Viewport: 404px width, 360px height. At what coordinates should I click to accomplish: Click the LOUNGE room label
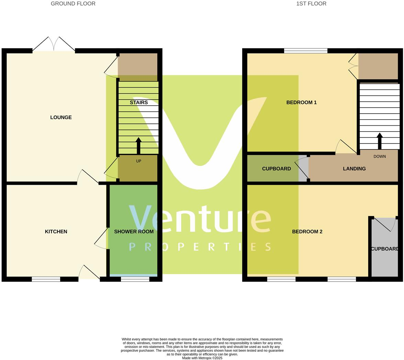[61, 117]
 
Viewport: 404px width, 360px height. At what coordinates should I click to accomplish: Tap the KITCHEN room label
[56, 232]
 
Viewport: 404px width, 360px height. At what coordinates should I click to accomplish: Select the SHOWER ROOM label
[134, 232]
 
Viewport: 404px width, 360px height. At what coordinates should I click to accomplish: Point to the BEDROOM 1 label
[301, 102]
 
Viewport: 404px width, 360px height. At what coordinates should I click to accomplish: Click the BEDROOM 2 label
[307, 232]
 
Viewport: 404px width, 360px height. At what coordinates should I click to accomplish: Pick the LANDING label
[354, 169]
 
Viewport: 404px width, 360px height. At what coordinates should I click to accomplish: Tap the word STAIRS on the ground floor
[139, 102]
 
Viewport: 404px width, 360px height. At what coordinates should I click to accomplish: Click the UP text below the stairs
[138, 161]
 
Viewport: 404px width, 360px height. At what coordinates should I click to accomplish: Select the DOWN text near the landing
[380, 157]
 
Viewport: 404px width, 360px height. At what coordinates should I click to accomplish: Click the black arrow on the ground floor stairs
[138, 146]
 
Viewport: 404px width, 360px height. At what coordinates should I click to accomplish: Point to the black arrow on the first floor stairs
[380, 141]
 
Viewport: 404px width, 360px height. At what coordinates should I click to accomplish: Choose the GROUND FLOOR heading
[73, 4]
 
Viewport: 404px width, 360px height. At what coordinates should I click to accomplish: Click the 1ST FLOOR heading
[311, 4]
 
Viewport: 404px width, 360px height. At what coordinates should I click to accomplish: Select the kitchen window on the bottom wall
[46, 279]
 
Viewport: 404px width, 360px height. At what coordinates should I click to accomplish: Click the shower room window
[135, 279]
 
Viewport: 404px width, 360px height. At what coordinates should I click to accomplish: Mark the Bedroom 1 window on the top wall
[305, 51]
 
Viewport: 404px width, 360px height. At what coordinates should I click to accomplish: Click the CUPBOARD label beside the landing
[276, 169]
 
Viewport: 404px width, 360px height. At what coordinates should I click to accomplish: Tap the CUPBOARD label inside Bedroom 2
[384, 249]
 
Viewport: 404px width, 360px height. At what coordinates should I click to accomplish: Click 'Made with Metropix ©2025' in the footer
[202, 358]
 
